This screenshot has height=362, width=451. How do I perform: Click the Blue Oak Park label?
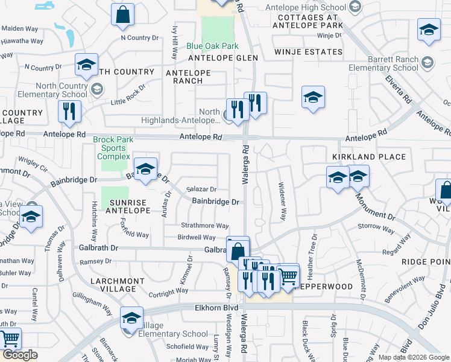point(212,46)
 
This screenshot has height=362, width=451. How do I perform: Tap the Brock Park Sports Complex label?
point(110,148)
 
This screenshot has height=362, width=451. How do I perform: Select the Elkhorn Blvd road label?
point(216,307)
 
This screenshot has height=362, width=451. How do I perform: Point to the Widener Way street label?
point(282,202)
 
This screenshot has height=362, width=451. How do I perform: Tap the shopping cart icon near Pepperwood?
point(289,275)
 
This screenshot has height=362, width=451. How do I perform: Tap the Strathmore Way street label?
point(204,226)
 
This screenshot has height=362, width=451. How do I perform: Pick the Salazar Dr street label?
point(201,189)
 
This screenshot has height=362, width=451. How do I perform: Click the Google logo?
point(20,355)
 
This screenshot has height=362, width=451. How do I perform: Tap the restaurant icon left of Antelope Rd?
point(68,112)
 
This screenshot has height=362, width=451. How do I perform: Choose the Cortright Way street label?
point(153,294)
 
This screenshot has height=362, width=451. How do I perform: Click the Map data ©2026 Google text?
point(413,357)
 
